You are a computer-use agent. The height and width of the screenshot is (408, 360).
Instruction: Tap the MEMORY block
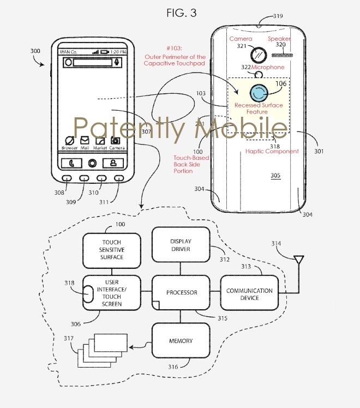coord(180,341)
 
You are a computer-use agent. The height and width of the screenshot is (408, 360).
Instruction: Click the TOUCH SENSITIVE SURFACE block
coord(111,249)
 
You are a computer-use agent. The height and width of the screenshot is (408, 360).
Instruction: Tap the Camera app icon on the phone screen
coord(116,140)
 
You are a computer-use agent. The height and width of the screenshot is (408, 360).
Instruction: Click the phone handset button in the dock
coord(71,163)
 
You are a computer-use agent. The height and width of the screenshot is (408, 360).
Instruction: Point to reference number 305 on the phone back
coord(277,175)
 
